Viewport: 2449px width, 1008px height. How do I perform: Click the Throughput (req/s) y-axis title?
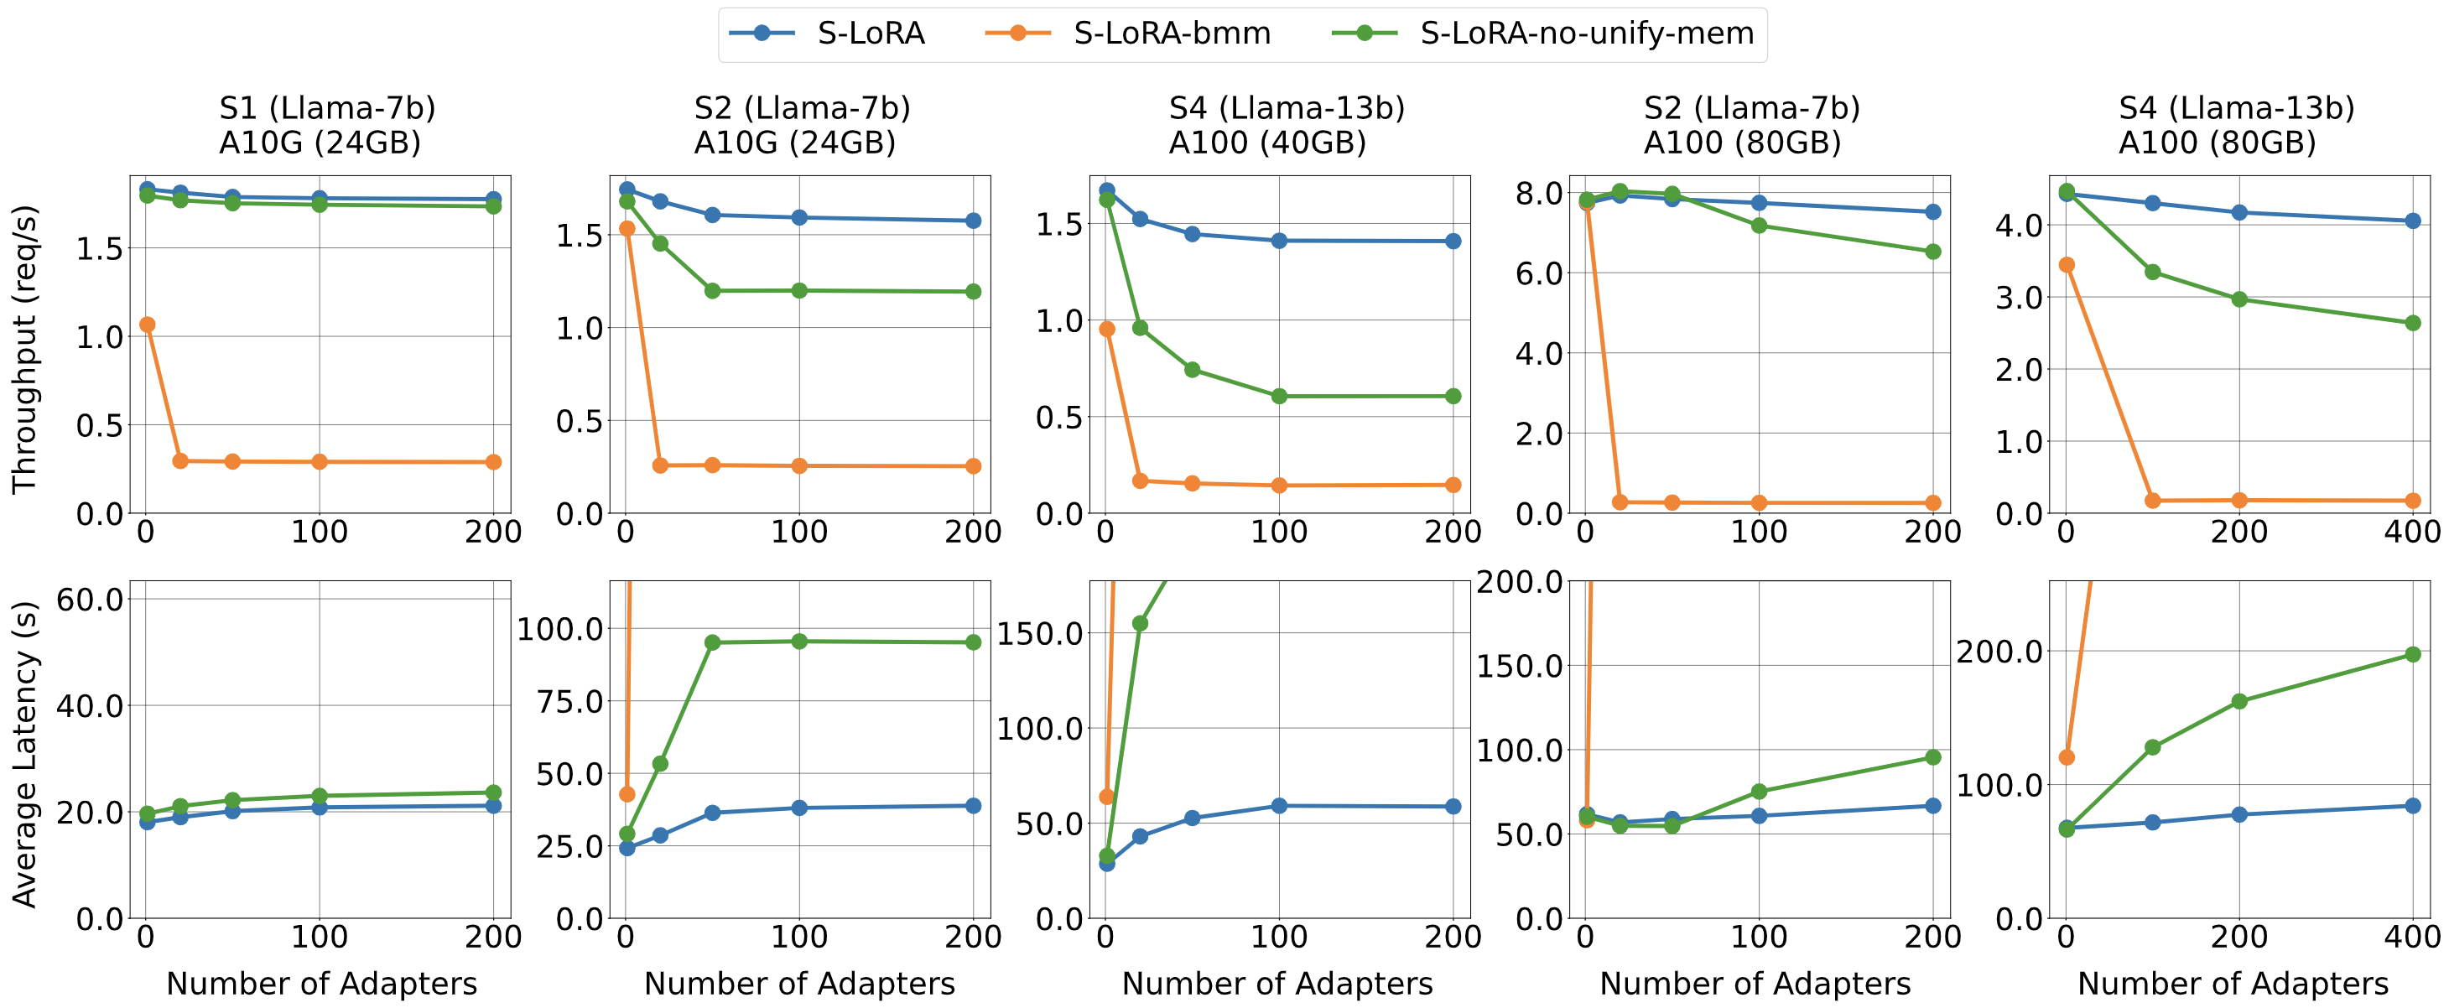click(x=23, y=348)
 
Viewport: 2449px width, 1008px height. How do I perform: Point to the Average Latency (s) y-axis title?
click(x=23, y=753)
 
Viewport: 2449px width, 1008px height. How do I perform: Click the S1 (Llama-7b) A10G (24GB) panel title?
click(x=326, y=125)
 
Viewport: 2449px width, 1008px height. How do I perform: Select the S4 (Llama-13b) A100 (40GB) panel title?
click(x=1286, y=125)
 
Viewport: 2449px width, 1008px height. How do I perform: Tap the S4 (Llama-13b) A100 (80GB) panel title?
click(x=2235, y=125)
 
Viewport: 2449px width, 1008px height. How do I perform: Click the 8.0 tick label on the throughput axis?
click(x=1538, y=193)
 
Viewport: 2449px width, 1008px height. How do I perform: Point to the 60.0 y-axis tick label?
click(x=90, y=599)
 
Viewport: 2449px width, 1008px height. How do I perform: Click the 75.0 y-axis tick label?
click(x=569, y=702)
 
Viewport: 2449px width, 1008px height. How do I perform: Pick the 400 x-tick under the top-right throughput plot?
click(x=2412, y=532)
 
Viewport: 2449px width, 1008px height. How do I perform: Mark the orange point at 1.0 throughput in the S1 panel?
click(x=147, y=325)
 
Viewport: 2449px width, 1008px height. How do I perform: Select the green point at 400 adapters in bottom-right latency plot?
click(x=2412, y=654)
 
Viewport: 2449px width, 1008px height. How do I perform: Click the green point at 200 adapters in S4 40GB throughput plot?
click(x=1453, y=397)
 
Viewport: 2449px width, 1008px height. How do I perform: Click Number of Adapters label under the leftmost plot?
click(x=321, y=984)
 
